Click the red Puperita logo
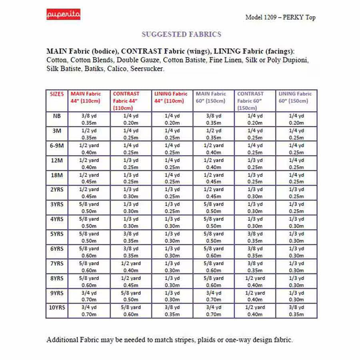pos(63,14)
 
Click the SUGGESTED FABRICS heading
pos(181,34)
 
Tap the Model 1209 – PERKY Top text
pos(280,17)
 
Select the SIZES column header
pos(57,94)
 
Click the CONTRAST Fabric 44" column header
pos(126,101)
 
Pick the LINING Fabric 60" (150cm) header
pos(296,97)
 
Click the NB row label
pos(57,116)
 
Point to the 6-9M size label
pos(57,146)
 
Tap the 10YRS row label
pos(57,307)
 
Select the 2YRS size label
pos(57,190)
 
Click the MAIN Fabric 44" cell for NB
pos(89,119)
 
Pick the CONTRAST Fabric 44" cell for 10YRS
pos(130,311)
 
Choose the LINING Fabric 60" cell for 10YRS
pos(296,311)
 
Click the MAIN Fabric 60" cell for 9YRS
pos(213,296)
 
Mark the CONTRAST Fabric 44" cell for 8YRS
pos(130,281)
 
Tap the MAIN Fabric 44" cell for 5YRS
pos(89,237)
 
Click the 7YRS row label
pos(57,263)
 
